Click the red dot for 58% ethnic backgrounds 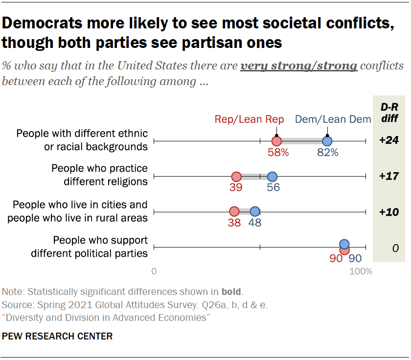276,141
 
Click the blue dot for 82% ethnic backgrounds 327,141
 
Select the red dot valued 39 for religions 236,177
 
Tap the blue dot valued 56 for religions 273,177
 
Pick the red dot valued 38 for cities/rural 234,212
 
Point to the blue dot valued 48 255,212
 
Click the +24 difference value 389,140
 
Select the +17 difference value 389,176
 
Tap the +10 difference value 389,212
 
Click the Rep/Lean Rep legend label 242,119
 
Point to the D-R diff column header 389,113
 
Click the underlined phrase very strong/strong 298,66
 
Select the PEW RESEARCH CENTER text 57,337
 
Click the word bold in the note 231,292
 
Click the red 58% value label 278,152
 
